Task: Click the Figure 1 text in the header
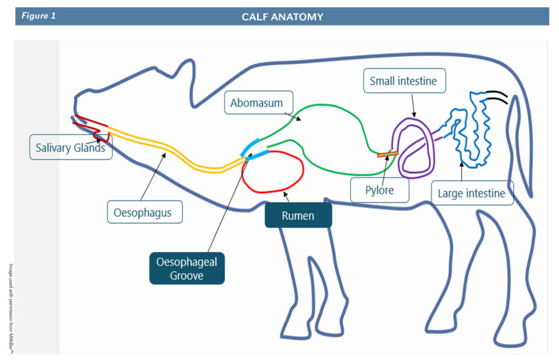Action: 39,16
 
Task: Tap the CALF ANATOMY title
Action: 282,17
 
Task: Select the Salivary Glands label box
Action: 70,148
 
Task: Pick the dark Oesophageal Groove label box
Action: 187,268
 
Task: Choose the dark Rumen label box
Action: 298,215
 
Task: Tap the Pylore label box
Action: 379,191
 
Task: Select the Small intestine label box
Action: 403,81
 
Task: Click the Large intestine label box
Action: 472,193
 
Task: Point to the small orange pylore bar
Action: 387,155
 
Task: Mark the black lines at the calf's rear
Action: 497,98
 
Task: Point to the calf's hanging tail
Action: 521,147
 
